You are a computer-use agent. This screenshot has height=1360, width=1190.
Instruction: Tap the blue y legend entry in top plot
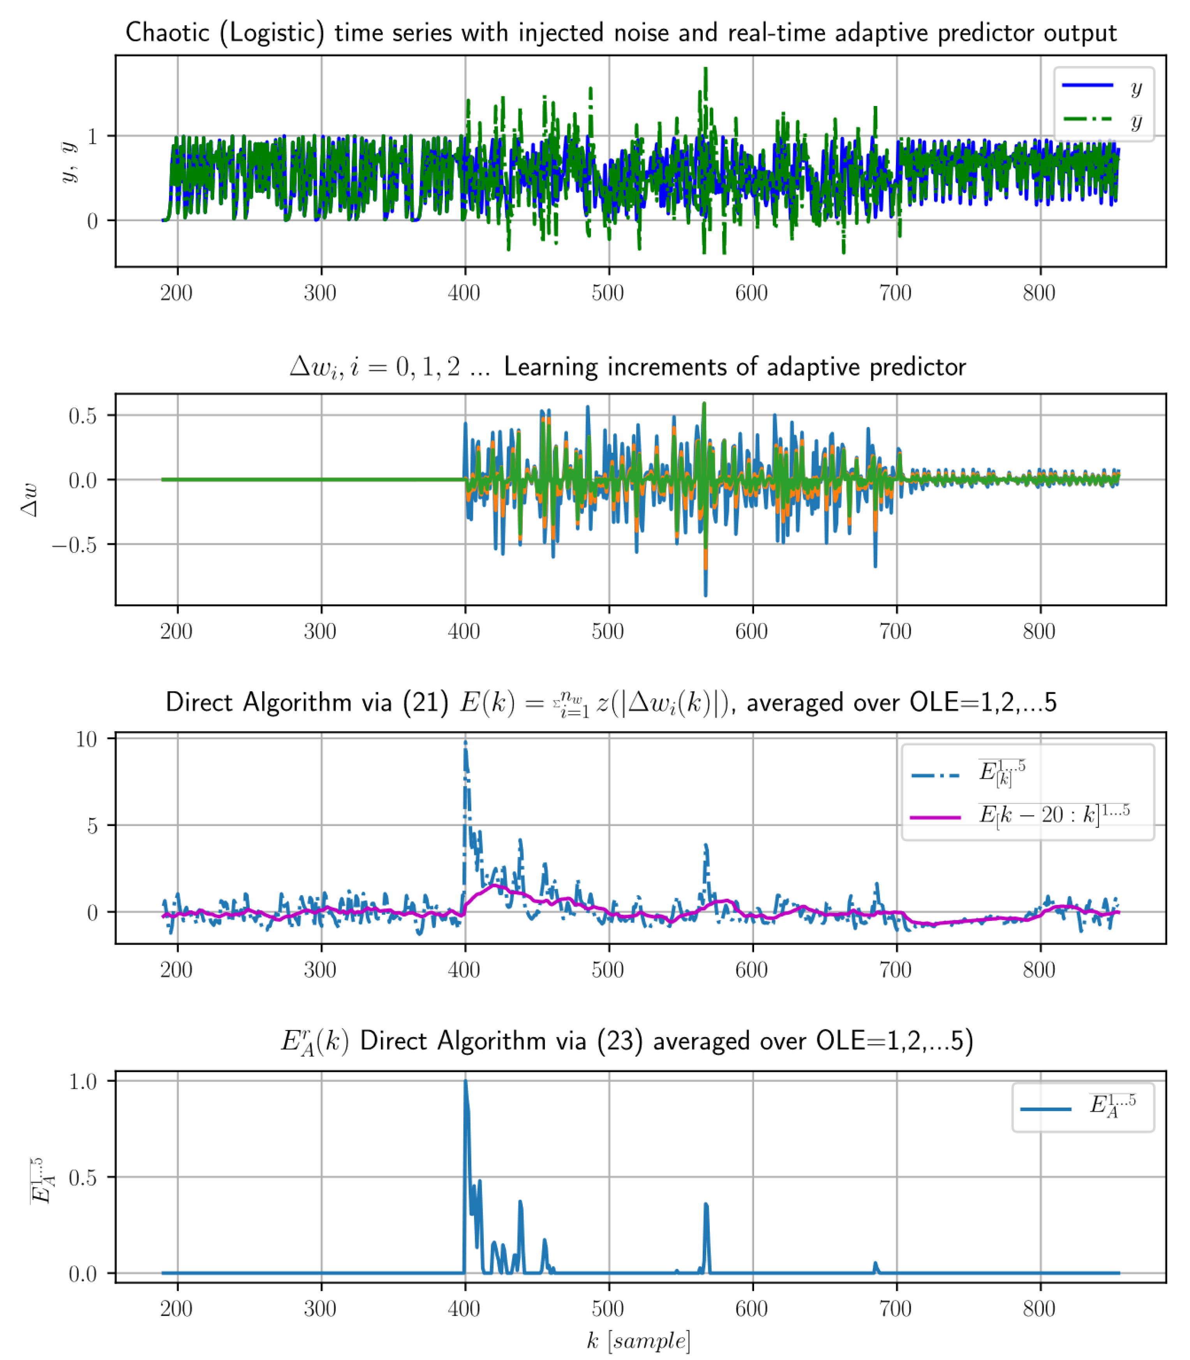(1102, 86)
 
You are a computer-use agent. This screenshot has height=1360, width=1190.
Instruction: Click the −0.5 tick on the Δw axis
(74, 545)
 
